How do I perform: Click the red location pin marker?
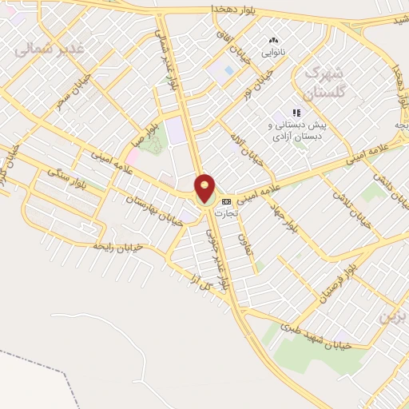[x=205, y=189]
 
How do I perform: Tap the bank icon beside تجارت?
[x=227, y=202]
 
